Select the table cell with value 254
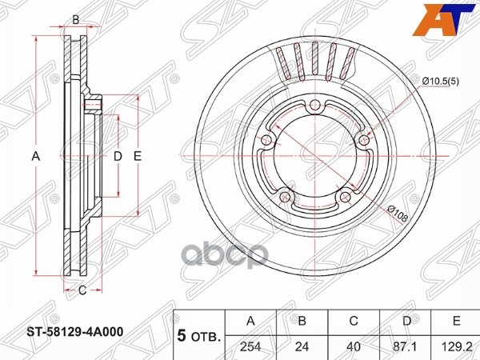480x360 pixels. click(x=250, y=347)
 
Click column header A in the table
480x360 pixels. click(x=250, y=321)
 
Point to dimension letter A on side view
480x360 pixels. click(x=35, y=157)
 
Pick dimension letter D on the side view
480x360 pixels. click(x=117, y=157)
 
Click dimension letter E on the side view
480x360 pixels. click(x=138, y=157)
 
